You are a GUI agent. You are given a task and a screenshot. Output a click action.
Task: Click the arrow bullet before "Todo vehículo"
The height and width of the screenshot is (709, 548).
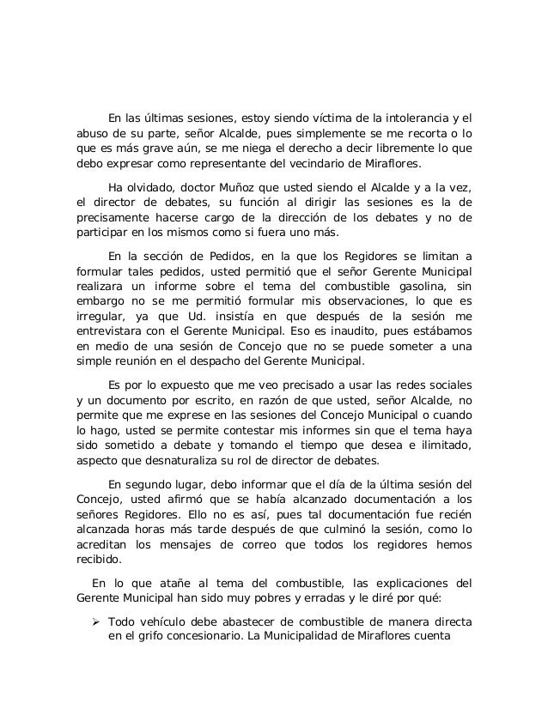coord(86,622)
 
